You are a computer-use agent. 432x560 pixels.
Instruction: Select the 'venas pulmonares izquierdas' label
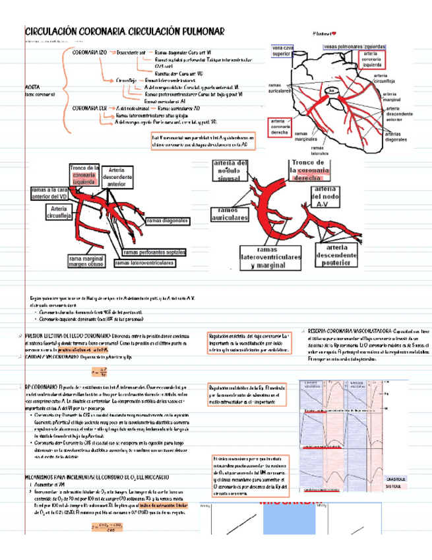350,46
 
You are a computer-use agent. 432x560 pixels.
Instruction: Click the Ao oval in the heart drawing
332,90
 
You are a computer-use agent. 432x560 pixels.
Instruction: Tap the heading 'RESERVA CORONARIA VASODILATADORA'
349,330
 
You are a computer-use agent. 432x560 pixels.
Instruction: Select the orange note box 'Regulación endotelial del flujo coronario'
248,343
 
